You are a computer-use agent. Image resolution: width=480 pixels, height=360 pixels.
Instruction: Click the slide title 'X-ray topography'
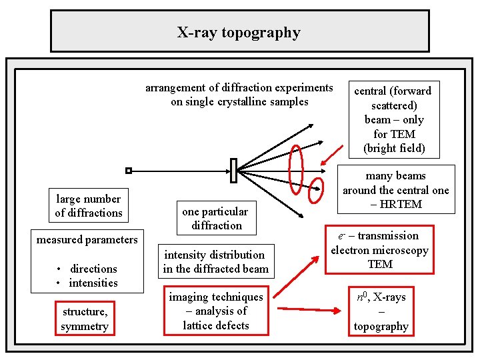click(x=239, y=32)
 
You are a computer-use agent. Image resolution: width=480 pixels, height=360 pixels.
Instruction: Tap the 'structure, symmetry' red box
click(x=85, y=319)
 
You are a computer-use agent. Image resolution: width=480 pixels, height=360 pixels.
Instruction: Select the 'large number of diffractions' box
click(x=89, y=205)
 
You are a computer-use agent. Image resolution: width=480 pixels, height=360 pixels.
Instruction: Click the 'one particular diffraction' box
click(x=215, y=218)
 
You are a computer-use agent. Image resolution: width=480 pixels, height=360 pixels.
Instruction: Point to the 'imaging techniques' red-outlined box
click(x=216, y=311)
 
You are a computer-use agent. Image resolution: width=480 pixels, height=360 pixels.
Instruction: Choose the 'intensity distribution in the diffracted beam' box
click(x=215, y=262)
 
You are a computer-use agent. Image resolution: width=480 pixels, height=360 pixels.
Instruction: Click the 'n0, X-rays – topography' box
click(x=381, y=311)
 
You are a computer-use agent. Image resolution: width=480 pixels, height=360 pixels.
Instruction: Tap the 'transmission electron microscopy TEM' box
click(x=379, y=250)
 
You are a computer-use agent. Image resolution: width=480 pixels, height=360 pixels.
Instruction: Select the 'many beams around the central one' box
click(x=396, y=190)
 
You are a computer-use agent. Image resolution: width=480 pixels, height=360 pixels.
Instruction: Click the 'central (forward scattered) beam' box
click(x=393, y=119)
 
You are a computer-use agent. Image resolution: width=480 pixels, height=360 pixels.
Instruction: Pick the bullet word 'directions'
click(x=93, y=269)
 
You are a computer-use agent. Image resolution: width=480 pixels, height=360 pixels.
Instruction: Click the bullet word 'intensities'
click(x=93, y=283)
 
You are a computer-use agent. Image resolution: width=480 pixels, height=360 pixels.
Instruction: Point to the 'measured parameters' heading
click(x=87, y=239)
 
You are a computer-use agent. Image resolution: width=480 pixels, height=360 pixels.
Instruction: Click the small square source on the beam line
click(x=129, y=171)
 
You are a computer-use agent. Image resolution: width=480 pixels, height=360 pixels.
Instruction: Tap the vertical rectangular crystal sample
click(x=233, y=171)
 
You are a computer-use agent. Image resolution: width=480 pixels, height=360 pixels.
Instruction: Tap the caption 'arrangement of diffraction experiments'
click(x=239, y=87)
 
